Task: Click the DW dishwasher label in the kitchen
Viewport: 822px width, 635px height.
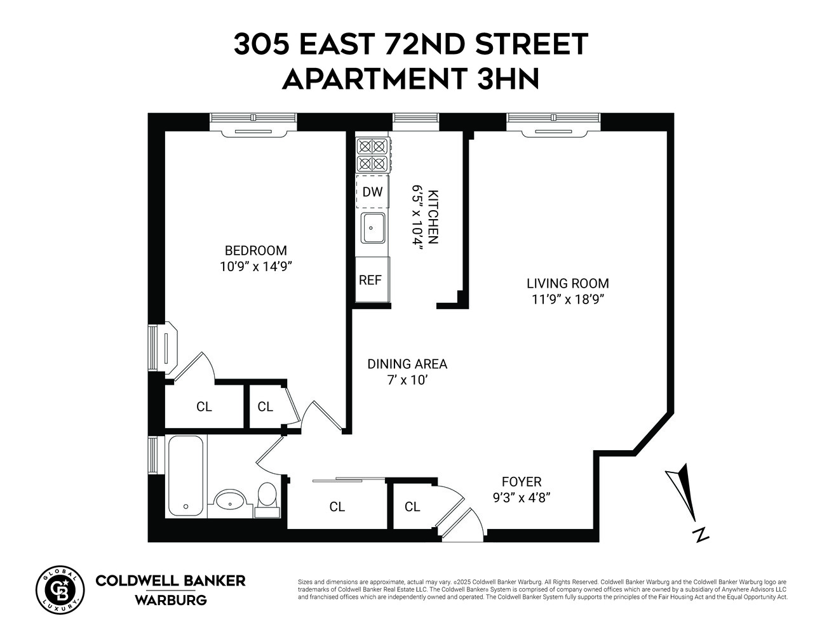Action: tap(372, 191)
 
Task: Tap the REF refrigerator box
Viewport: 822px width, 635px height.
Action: tap(371, 279)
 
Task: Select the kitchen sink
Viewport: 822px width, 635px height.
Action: tap(373, 228)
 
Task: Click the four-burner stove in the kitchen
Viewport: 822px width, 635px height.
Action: tap(373, 155)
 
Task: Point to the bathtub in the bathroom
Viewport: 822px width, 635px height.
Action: tap(186, 476)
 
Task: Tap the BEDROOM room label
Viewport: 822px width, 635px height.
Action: tap(255, 250)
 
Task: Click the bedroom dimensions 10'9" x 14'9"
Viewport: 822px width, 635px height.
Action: tap(255, 267)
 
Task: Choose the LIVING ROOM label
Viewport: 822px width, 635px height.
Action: tap(567, 283)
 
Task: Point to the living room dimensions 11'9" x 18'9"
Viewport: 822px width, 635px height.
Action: tap(567, 300)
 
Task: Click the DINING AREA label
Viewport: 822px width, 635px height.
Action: tap(407, 364)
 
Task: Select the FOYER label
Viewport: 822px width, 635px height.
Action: tap(522, 482)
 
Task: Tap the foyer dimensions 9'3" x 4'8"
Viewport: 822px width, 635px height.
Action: tap(522, 498)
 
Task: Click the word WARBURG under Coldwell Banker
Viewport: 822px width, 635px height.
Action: tap(170, 599)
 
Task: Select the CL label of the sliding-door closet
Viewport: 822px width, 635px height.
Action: tap(337, 507)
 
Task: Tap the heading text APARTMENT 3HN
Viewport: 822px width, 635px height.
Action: tap(410, 79)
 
